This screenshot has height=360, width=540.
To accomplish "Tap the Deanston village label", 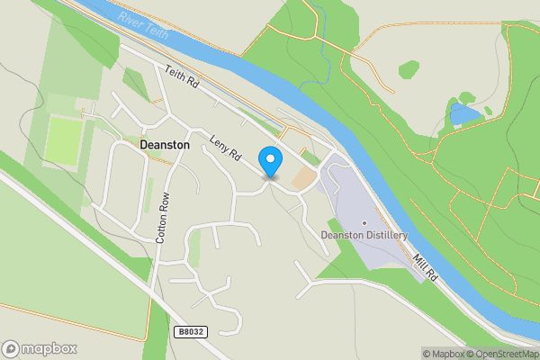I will [166, 143].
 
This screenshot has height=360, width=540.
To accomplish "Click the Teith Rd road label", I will [181, 79].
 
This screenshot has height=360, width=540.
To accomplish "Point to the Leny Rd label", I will [226, 149].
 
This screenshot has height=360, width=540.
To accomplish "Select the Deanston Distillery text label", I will [364, 236].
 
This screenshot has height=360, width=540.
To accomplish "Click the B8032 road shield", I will [190, 332].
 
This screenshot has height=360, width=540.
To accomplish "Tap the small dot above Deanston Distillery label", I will [364, 222].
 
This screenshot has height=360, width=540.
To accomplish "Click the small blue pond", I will [464, 114].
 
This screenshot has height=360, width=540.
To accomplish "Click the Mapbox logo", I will [40, 348].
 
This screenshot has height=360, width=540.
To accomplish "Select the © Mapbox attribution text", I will [444, 354].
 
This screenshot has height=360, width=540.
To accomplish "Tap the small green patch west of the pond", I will [409, 69].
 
